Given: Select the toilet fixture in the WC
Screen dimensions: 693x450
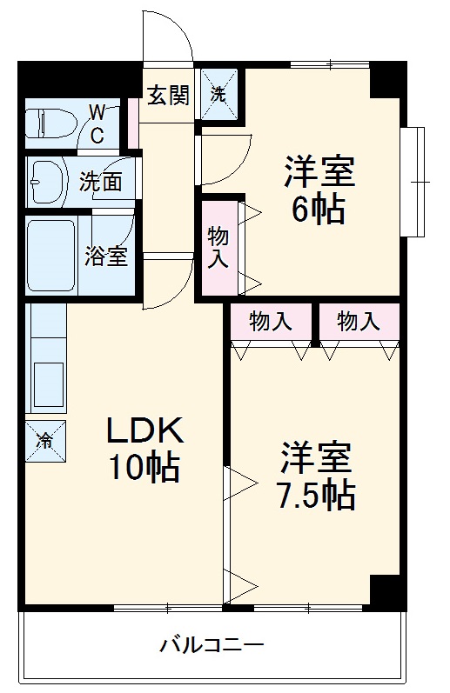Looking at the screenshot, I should coord(48,123).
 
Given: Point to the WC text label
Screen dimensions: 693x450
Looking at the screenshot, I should coord(97,123).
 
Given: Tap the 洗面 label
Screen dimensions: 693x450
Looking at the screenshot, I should coord(101,182).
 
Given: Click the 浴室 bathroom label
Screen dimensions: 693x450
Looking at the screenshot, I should coord(106,257).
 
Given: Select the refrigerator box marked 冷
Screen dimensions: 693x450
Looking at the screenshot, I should coord(44,438).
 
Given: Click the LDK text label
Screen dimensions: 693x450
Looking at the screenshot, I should coord(144,431).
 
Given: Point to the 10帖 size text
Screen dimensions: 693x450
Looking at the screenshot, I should coord(144,468).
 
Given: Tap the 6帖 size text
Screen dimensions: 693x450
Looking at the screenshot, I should coord(318,209).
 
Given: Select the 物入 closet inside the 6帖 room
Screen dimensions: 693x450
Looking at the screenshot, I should coord(218,247).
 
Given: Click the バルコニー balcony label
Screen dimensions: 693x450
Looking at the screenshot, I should coord(211,646).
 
